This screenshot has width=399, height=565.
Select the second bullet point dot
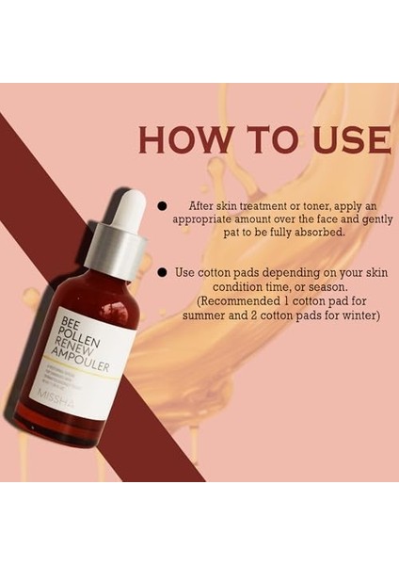click(x=162, y=272)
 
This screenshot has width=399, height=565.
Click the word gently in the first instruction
click(x=371, y=218)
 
